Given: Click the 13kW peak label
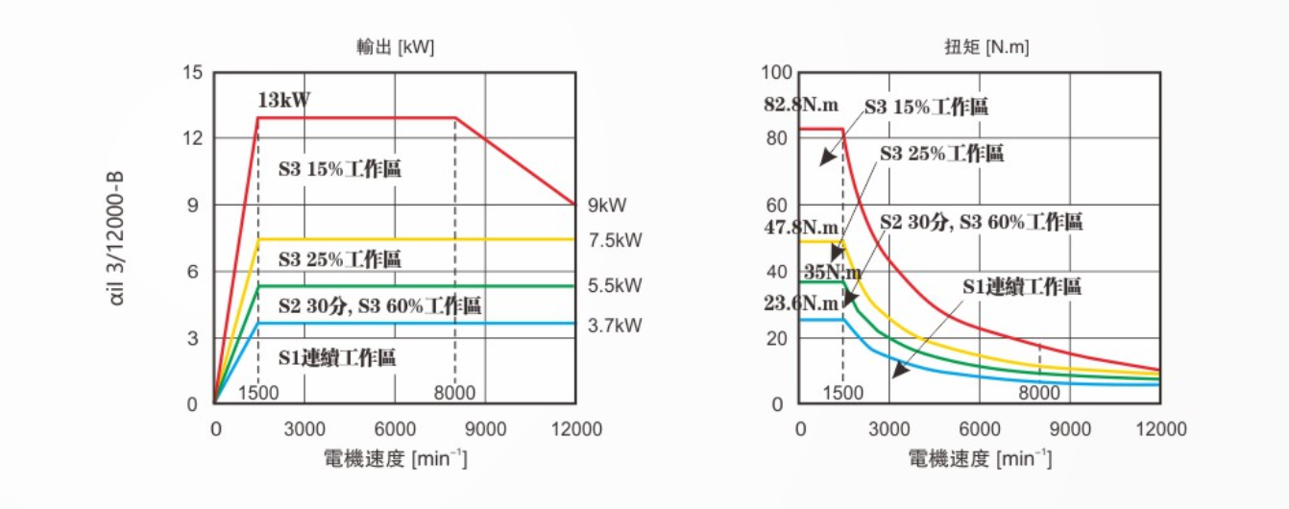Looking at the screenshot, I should (283, 99).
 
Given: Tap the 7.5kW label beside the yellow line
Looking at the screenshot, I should (615, 240).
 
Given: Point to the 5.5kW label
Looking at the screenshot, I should (615, 285).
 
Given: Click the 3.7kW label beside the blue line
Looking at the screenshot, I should (615, 326).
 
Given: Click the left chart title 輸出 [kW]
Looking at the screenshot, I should (395, 47).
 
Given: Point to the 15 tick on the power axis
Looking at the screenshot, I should (192, 73).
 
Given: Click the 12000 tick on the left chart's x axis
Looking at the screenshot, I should (574, 428).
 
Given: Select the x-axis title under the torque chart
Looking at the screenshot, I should (980, 459).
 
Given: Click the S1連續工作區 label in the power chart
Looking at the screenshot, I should (337, 358).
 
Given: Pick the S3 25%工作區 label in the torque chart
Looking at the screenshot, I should (941, 154).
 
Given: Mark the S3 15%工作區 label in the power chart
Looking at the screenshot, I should (339, 170).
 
